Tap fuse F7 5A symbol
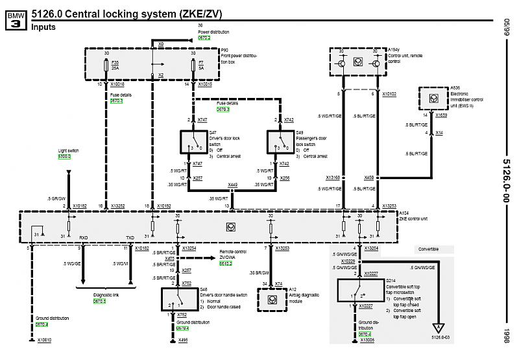click(193, 66)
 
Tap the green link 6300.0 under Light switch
click(64, 156)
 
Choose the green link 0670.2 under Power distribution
click(205, 38)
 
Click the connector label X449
click(232, 185)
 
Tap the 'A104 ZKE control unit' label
click(413, 215)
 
